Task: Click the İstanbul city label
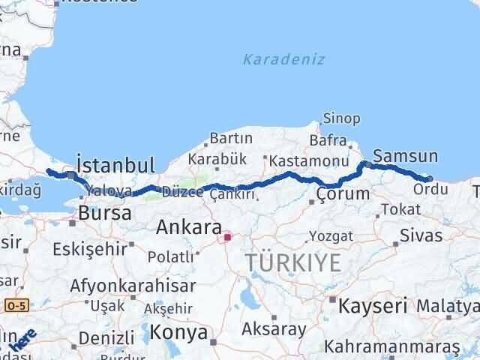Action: pyautogui.click(x=115, y=165)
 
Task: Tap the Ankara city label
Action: pyautogui.click(x=189, y=228)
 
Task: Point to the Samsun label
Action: pyautogui.click(x=405, y=157)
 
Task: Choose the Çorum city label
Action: pyautogui.click(x=343, y=194)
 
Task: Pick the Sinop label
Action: pyautogui.click(x=341, y=118)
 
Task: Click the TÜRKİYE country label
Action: pyautogui.click(x=293, y=262)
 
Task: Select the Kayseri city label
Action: pyautogui.click(x=373, y=306)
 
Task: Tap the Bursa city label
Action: pyautogui.click(x=106, y=213)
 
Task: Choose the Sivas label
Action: pyautogui.click(x=422, y=235)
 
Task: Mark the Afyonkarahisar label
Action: pyautogui.click(x=133, y=286)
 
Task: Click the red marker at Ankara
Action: pyautogui.click(x=227, y=238)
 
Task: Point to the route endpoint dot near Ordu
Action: pyautogui.click(x=428, y=178)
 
